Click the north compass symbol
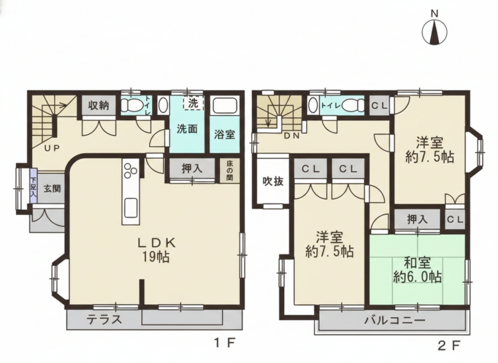click(x=434, y=32)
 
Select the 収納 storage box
click(x=99, y=105)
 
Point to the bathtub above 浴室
click(x=225, y=105)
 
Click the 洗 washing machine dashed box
click(x=193, y=103)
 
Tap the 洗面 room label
click(x=187, y=129)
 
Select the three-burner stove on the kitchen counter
click(x=130, y=171)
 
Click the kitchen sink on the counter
click(x=130, y=208)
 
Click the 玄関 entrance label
click(x=52, y=189)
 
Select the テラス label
click(x=105, y=320)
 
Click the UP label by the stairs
click(x=52, y=148)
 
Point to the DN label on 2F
click(x=291, y=136)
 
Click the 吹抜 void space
click(x=273, y=181)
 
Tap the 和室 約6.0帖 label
click(x=417, y=270)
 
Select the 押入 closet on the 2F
click(x=417, y=220)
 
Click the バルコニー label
click(x=394, y=320)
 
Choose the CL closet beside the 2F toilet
click(x=379, y=106)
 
